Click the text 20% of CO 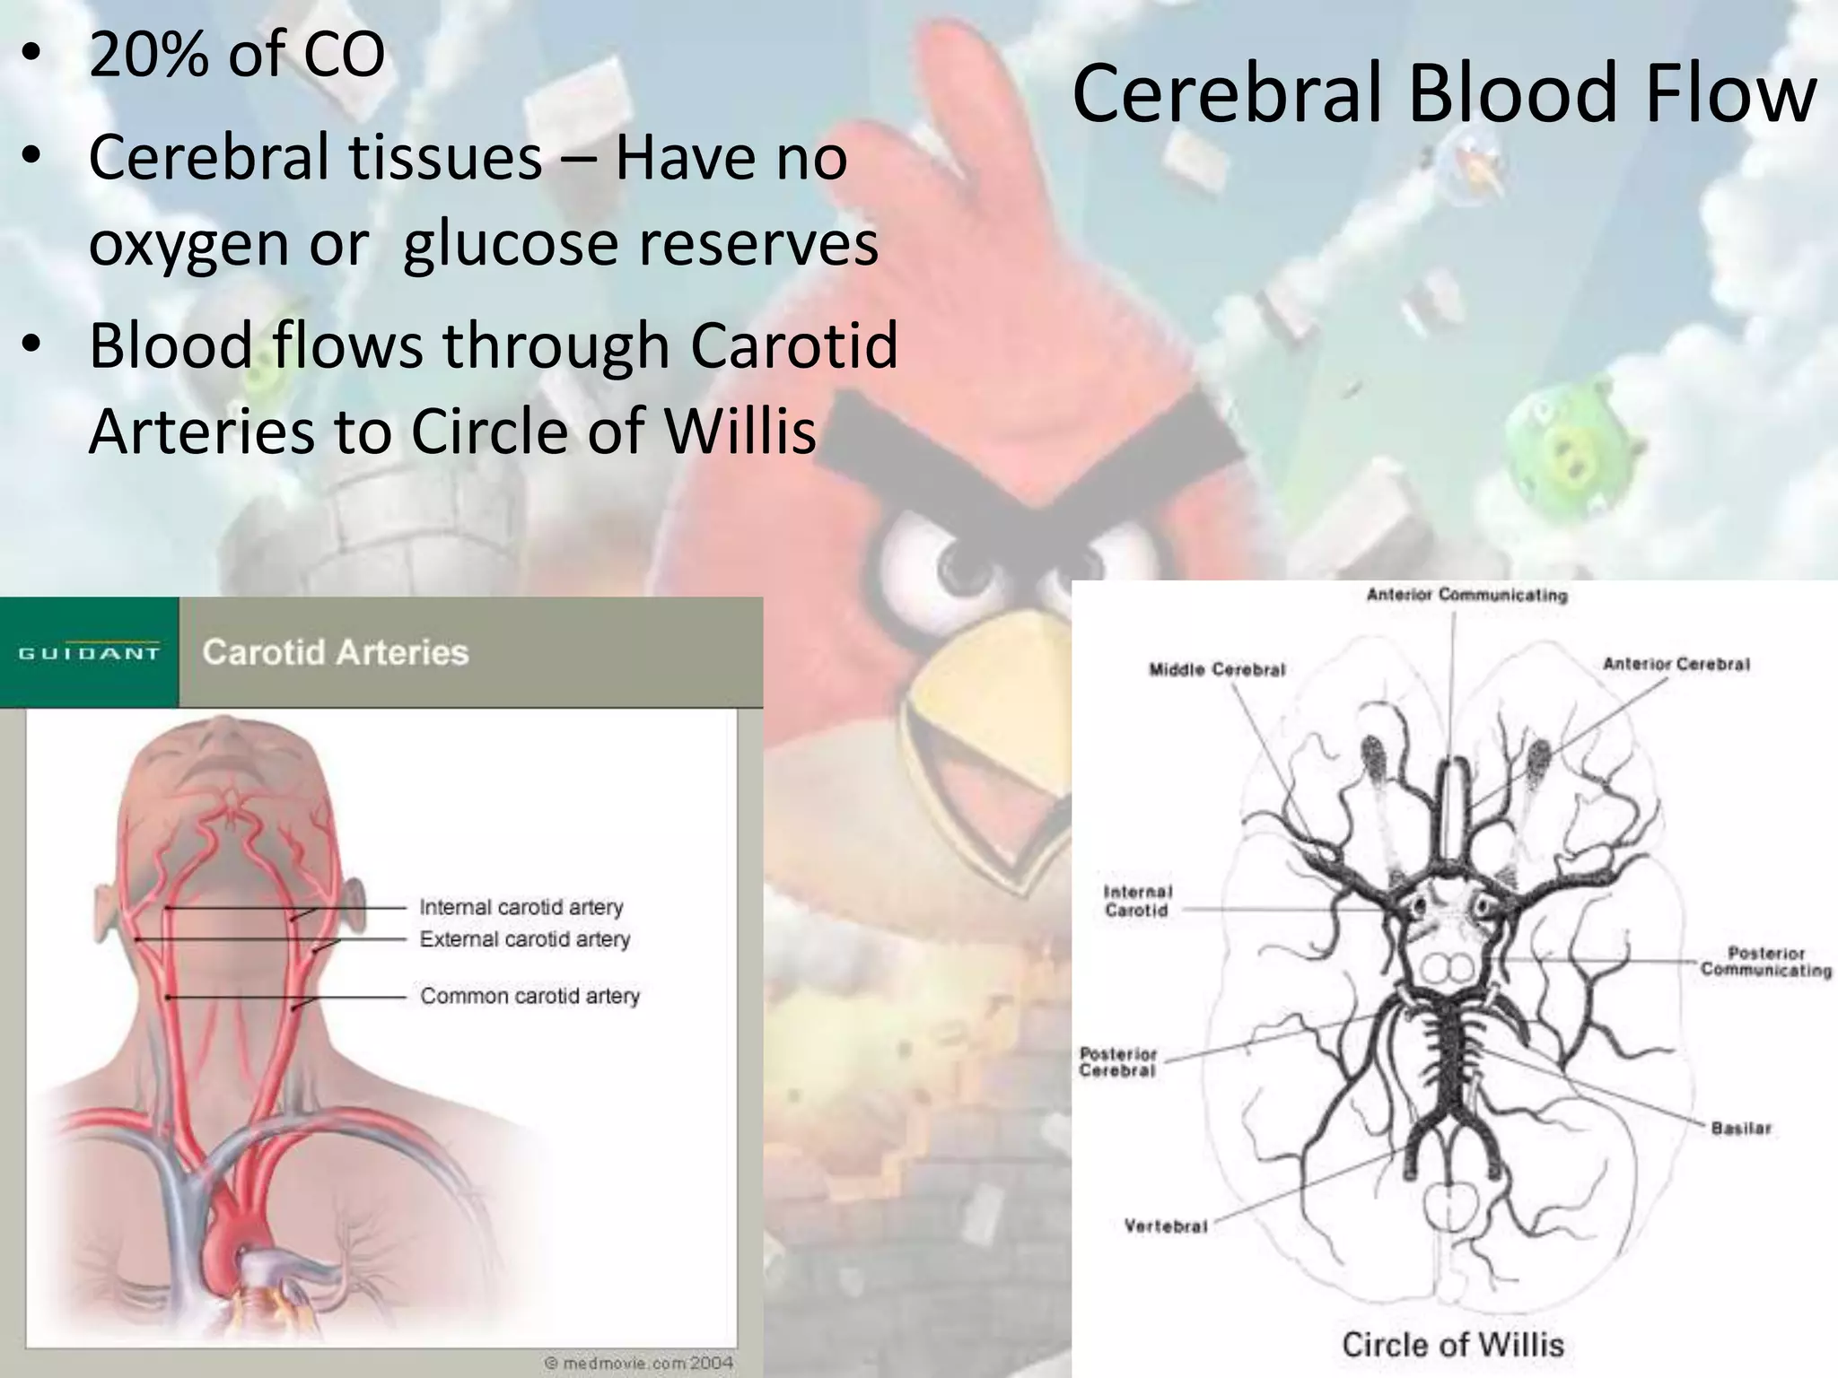click(x=237, y=56)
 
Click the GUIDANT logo click(x=89, y=653)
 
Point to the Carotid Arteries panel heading click(x=336, y=652)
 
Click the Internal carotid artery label click(x=521, y=907)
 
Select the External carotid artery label click(x=524, y=939)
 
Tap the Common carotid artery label click(x=530, y=996)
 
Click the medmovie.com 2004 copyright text click(x=639, y=1363)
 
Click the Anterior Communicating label click(x=1466, y=595)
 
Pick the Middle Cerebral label click(x=1217, y=669)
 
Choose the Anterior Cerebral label click(x=1676, y=664)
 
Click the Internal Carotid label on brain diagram click(x=1137, y=901)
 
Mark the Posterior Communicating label click(x=1765, y=962)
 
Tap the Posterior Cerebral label click(x=1118, y=1062)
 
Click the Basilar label click(x=1740, y=1129)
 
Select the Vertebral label click(x=1165, y=1226)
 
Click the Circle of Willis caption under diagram click(x=1452, y=1345)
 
